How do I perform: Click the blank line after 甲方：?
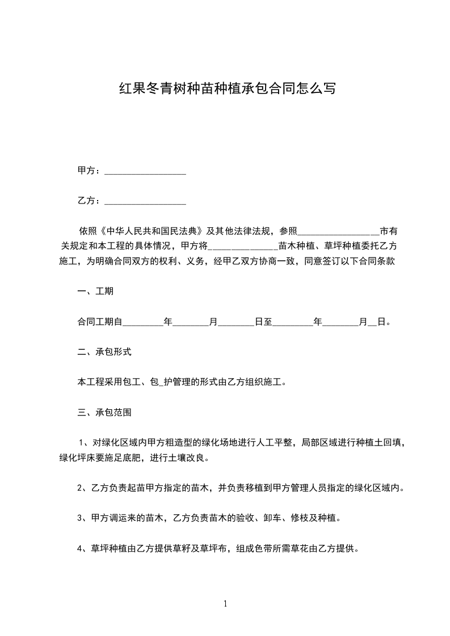click(x=145, y=171)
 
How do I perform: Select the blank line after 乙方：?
click(x=145, y=201)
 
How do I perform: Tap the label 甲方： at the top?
click(x=90, y=171)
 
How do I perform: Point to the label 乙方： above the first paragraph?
click(x=90, y=201)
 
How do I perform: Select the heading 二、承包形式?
click(x=104, y=352)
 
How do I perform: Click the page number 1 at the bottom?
click(x=225, y=604)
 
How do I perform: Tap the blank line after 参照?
click(x=338, y=231)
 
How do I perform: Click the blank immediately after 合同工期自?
click(x=142, y=322)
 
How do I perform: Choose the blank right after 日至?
click(x=293, y=322)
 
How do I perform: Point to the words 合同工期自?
click(x=100, y=322)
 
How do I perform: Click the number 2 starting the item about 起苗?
click(x=80, y=487)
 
